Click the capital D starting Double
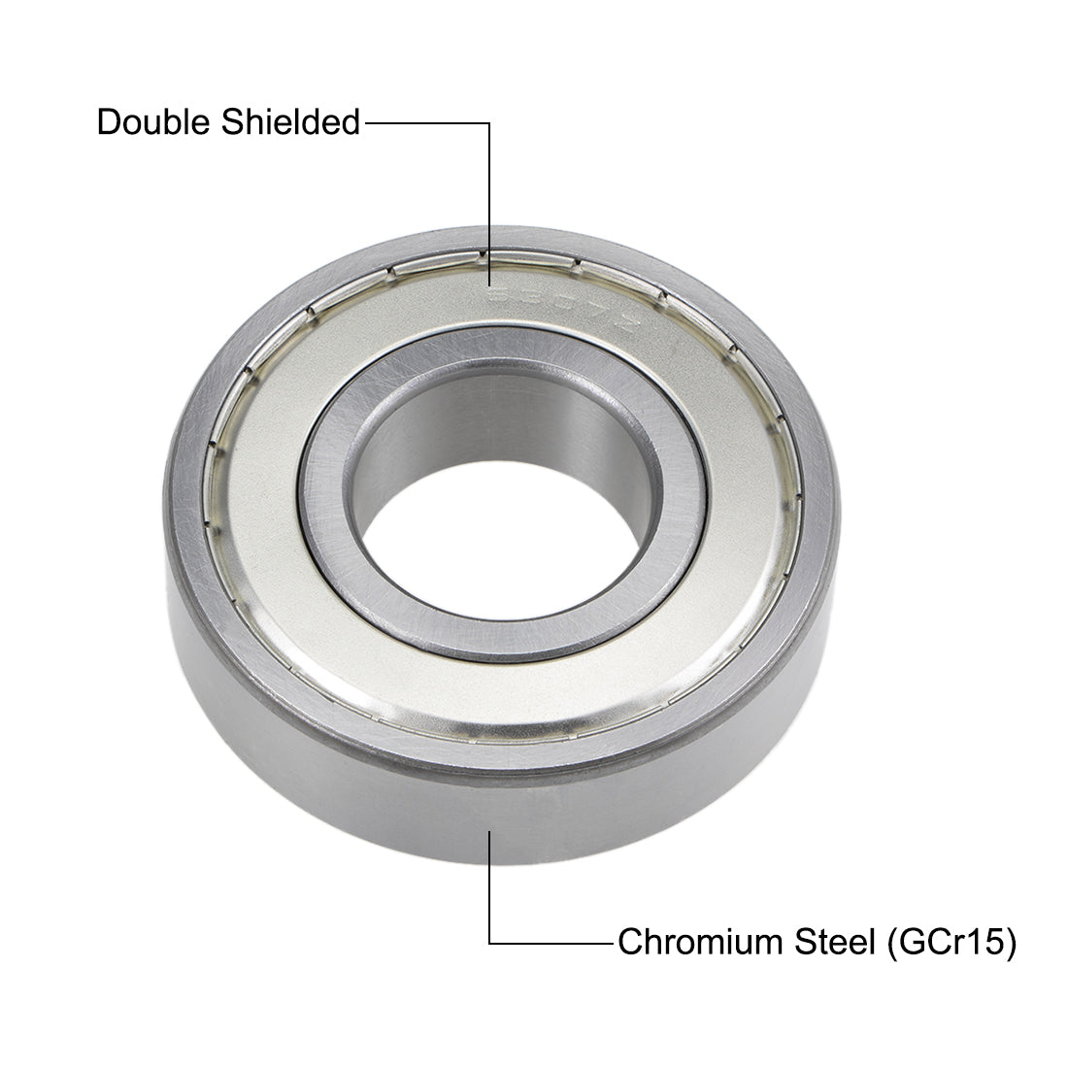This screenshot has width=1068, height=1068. point(108,123)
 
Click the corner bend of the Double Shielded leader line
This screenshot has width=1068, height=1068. point(489,123)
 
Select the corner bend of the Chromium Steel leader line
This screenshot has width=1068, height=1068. point(489,942)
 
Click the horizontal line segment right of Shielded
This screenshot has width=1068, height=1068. point(425,123)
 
